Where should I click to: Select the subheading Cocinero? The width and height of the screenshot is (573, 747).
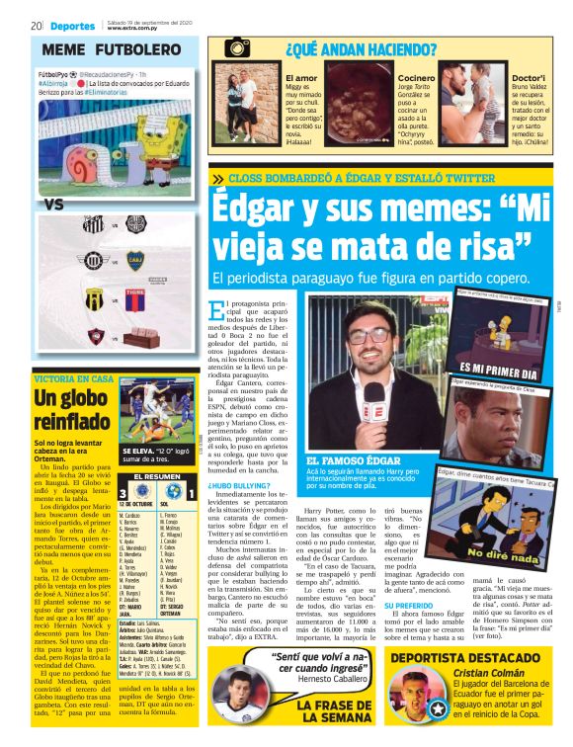[x=416, y=78]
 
